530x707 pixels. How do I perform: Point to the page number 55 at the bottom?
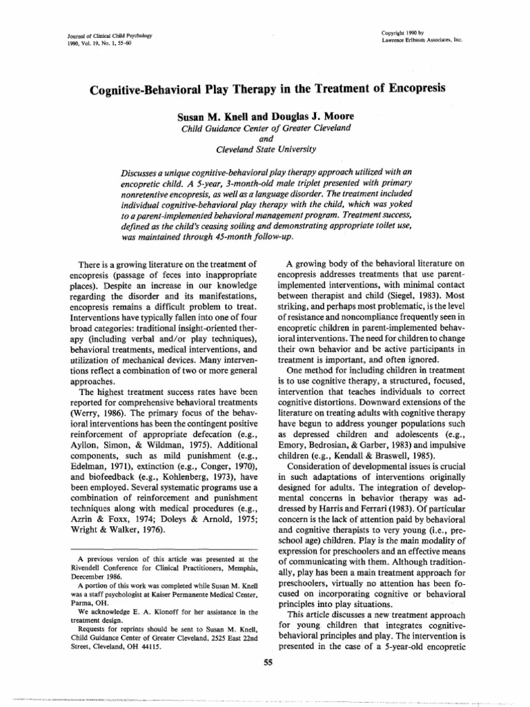click(264, 665)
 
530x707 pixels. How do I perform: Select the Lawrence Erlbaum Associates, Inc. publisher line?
click(422, 39)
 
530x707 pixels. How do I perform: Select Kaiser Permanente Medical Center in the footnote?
click(200, 596)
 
